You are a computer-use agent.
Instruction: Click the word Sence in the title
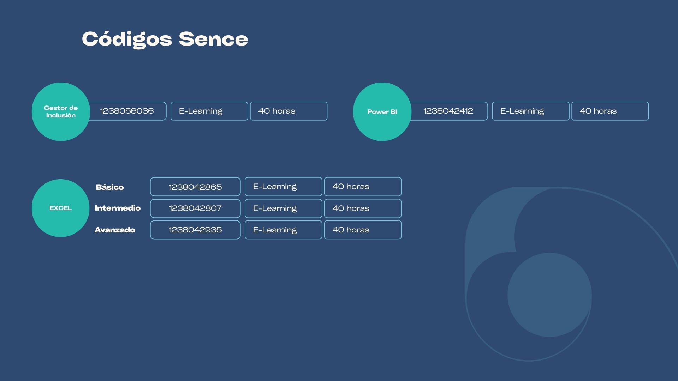213,39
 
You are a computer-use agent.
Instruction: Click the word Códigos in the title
127,40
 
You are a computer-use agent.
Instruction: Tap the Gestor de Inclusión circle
61,112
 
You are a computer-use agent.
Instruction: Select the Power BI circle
382,112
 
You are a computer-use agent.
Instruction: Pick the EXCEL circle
60,208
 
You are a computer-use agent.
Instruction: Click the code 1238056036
127,111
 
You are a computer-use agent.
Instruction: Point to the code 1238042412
448,111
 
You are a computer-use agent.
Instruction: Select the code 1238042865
195,187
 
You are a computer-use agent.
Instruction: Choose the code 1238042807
195,208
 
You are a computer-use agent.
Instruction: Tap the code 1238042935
195,230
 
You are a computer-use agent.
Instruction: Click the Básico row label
110,187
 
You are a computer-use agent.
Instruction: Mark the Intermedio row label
118,208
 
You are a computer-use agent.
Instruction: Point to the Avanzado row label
115,230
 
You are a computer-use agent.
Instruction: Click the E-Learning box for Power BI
531,111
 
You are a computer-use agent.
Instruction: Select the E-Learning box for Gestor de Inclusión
209,111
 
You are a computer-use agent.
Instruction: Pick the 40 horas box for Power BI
610,111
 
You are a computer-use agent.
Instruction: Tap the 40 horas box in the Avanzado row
363,230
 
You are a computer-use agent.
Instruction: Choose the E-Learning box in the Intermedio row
284,208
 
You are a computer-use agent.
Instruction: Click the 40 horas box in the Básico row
363,187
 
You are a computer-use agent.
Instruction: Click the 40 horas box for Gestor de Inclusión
289,111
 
